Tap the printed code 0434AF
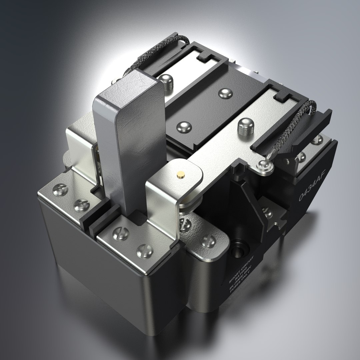(310, 189)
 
